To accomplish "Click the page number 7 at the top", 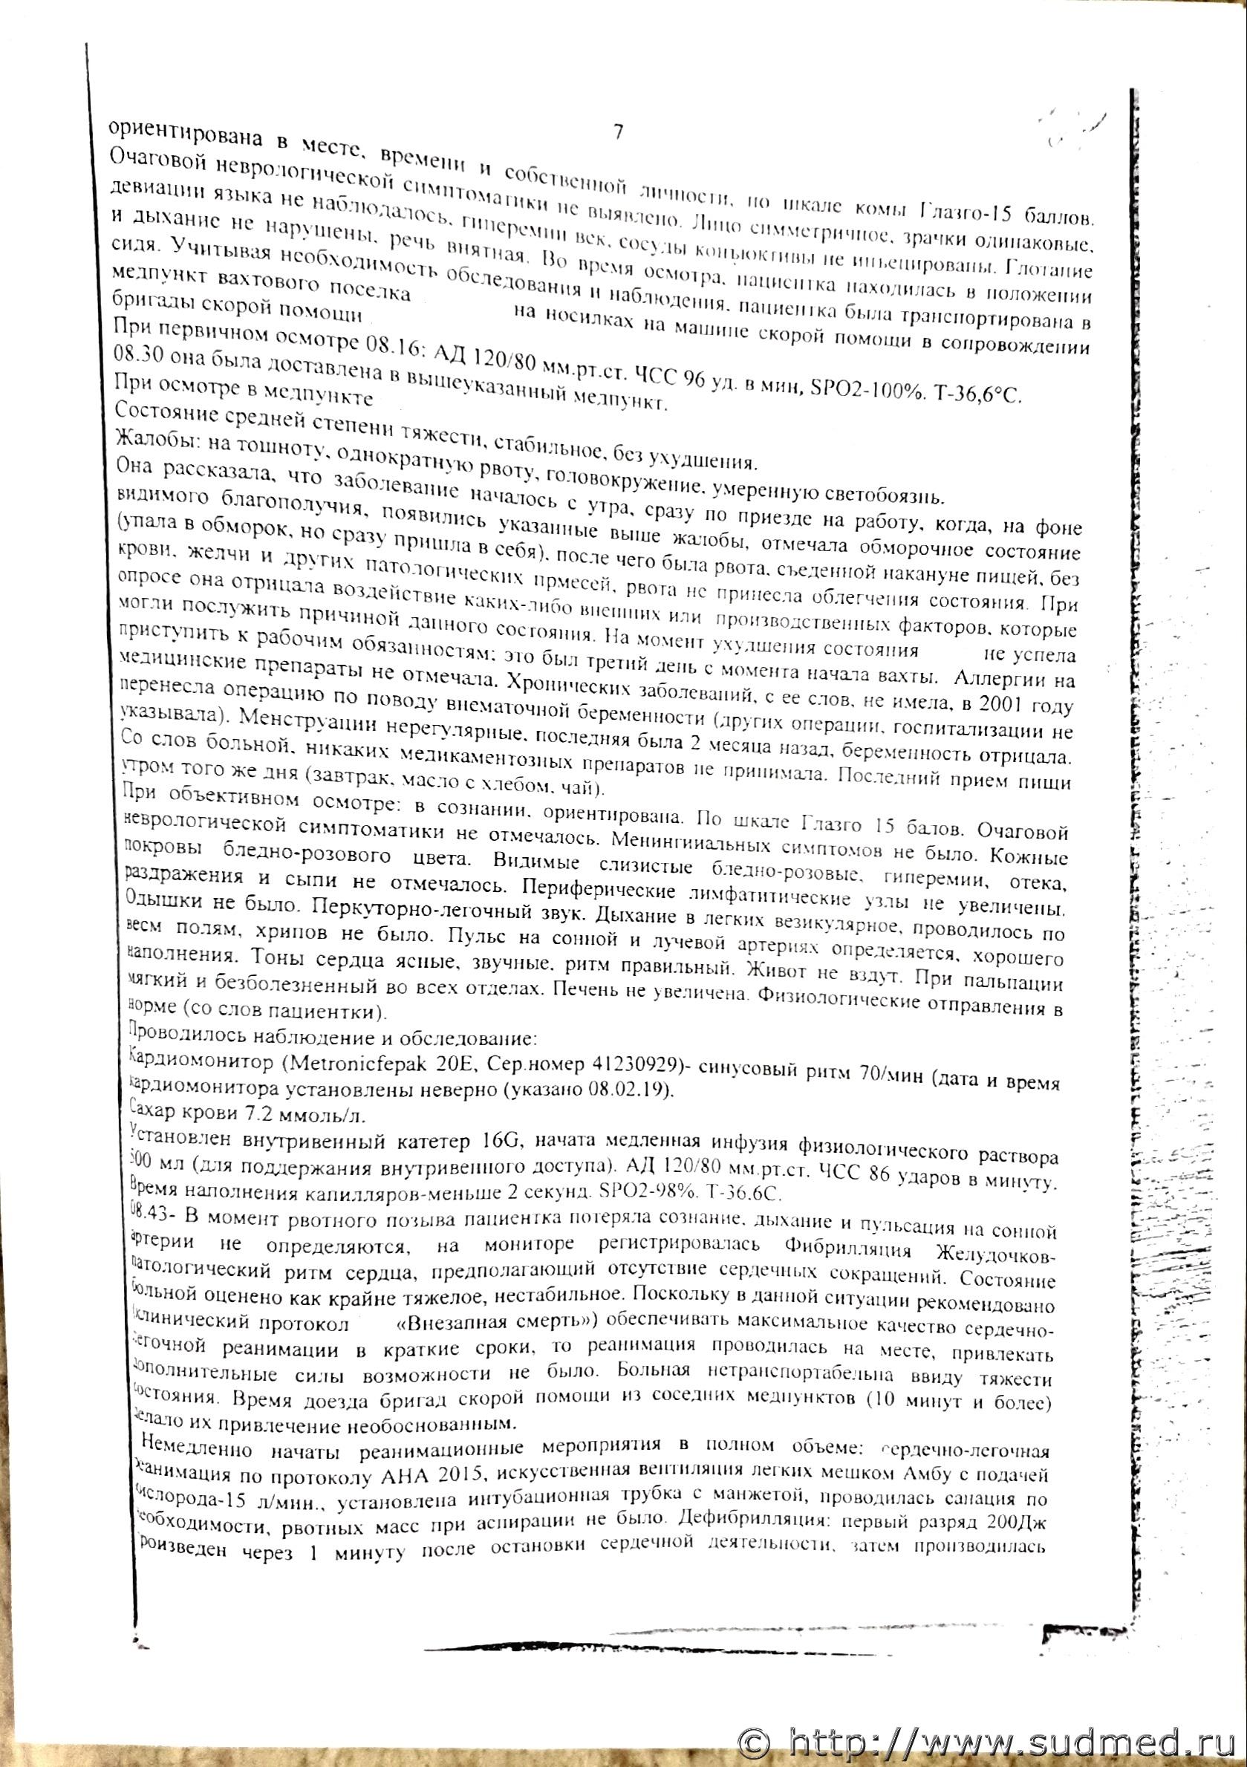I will click(x=617, y=131).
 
